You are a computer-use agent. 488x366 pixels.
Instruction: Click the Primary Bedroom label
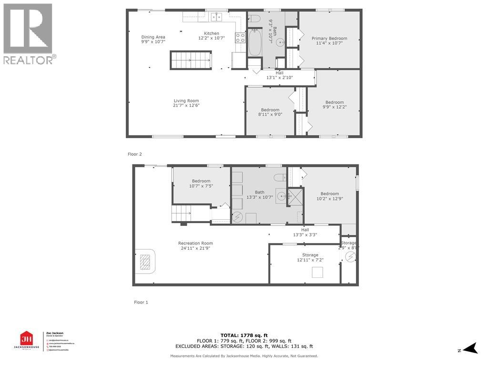click(329, 41)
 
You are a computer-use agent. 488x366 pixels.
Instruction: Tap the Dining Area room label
click(153, 40)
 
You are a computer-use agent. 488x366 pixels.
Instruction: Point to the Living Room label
click(186, 103)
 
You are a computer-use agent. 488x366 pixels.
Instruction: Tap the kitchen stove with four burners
click(240, 38)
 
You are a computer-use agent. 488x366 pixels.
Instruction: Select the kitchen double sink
click(216, 17)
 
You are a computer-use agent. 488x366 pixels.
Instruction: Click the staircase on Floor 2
click(191, 61)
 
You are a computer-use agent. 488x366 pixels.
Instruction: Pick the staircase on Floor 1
click(181, 213)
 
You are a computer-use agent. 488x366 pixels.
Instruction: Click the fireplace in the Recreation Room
click(145, 262)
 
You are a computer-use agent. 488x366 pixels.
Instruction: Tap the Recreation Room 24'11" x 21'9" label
click(195, 246)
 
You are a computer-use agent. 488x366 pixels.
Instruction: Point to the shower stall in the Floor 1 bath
click(295, 196)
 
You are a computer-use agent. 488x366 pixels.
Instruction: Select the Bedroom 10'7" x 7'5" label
click(201, 183)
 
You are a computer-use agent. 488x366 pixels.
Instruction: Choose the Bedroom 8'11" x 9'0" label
click(270, 112)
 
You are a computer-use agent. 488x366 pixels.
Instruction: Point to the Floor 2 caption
click(135, 154)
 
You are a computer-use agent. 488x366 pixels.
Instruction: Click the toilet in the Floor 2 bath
click(254, 19)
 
